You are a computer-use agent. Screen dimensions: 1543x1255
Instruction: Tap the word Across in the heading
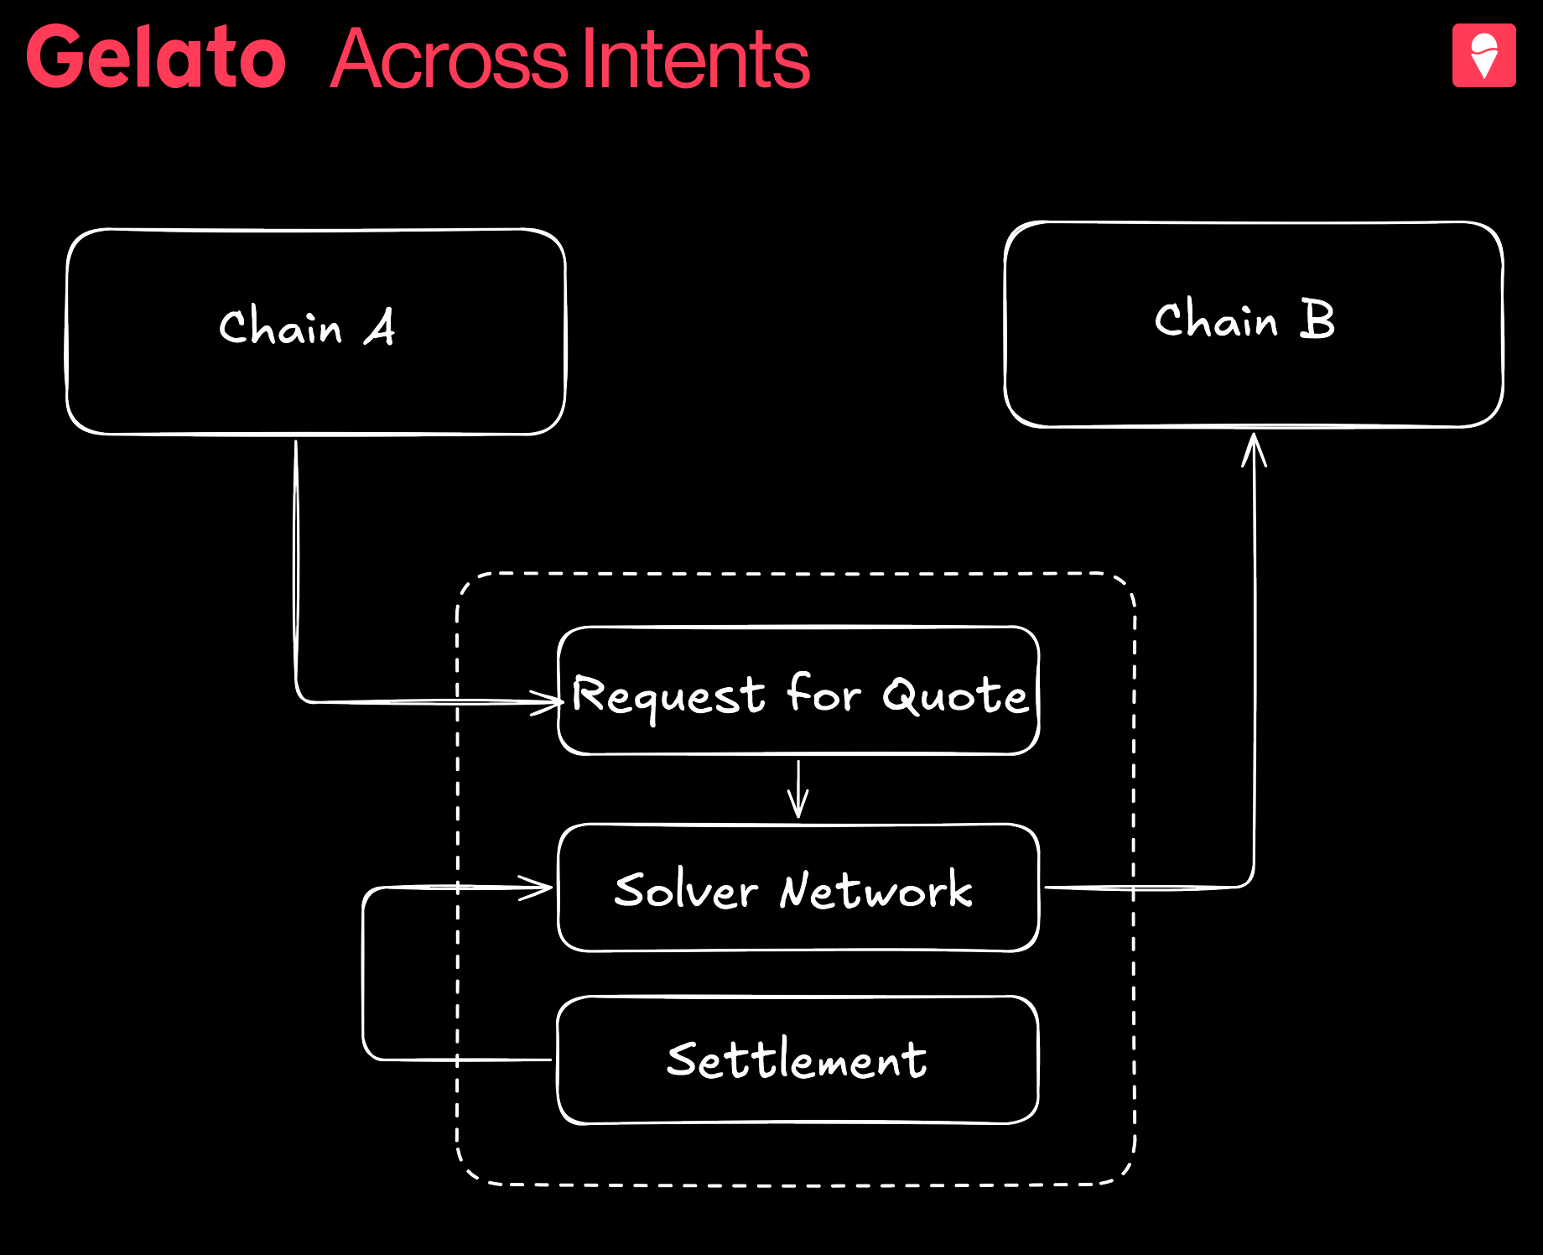point(449,59)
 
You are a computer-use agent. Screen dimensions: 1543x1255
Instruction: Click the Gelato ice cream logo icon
point(1483,55)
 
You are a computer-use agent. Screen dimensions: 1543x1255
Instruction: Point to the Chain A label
point(306,326)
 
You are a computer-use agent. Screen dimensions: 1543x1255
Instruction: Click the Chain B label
point(1244,320)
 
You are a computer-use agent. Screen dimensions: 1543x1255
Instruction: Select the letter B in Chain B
point(1317,319)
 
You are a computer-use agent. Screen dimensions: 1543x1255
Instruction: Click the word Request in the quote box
point(668,697)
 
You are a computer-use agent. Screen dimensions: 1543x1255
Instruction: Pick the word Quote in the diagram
point(954,695)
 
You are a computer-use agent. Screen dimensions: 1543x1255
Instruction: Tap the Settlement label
point(797,1060)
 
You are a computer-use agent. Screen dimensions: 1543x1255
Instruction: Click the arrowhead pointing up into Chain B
point(1254,449)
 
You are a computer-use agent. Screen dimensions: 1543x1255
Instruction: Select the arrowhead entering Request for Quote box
point(547,701)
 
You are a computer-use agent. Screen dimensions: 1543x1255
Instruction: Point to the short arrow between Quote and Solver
point(798,789)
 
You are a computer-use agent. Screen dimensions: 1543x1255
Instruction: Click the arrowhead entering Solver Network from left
point(537,888)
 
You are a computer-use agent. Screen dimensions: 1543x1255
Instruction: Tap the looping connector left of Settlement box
point(364,973)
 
